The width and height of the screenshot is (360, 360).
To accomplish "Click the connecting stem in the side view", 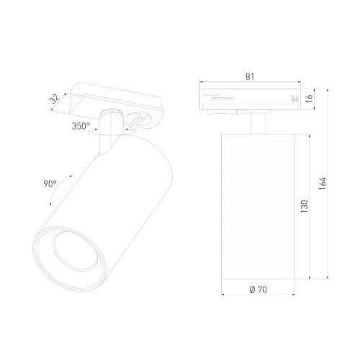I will click(256, 124).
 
